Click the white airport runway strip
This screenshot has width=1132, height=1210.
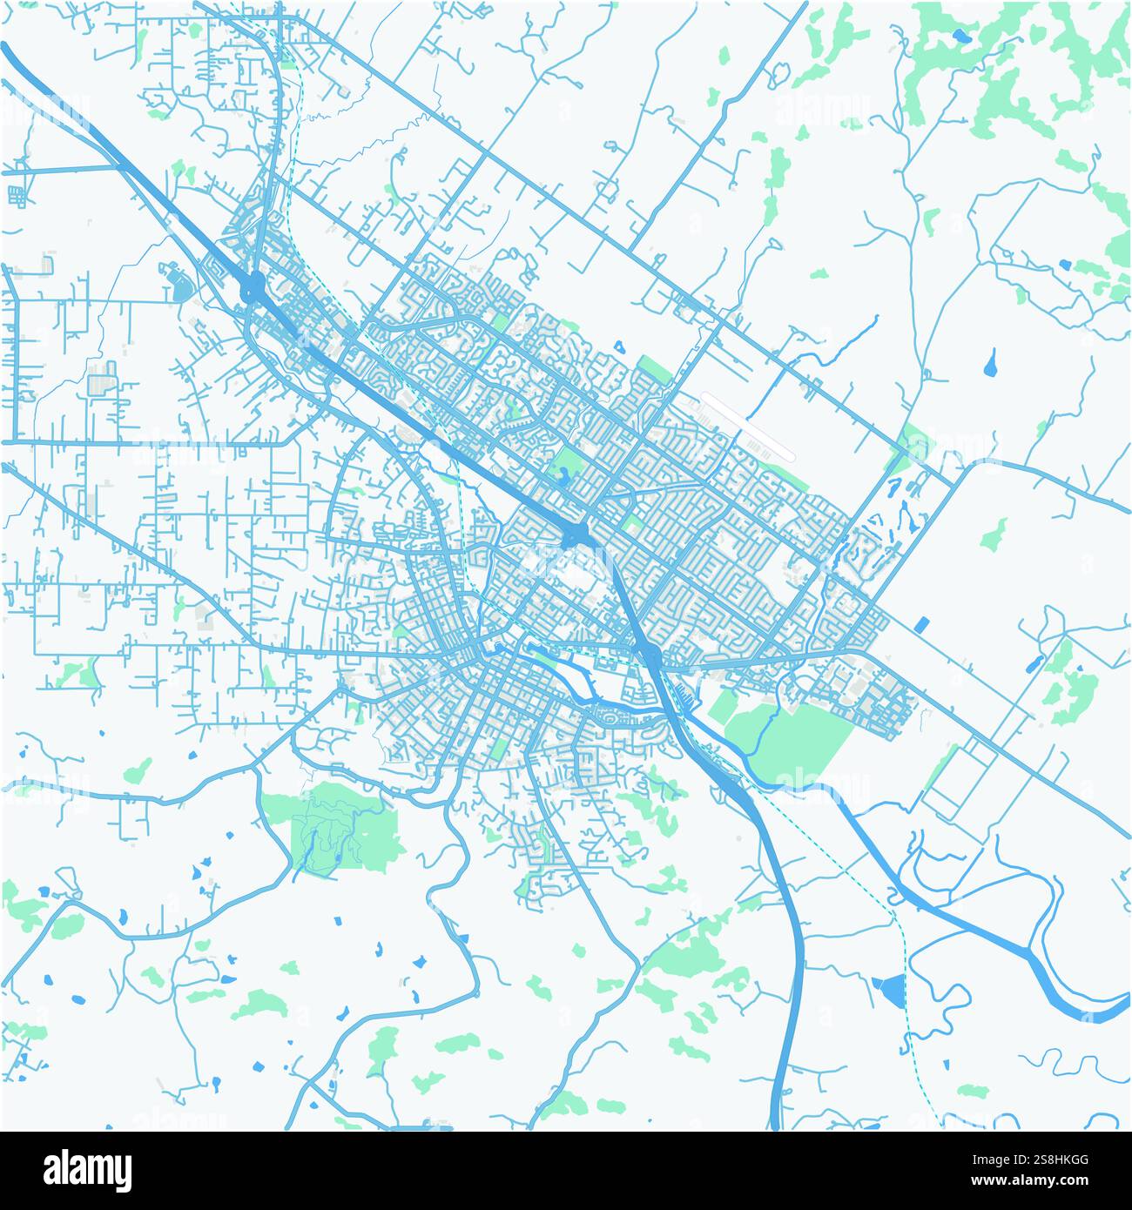[748, 426]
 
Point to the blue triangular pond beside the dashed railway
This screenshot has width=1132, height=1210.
[889, 989]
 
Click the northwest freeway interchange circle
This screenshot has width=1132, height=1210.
[253, 286]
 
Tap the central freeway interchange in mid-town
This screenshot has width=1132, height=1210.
[576, 534]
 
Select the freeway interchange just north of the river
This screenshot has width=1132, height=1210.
[650, 654]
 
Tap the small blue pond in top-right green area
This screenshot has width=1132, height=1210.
[960, 37]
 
